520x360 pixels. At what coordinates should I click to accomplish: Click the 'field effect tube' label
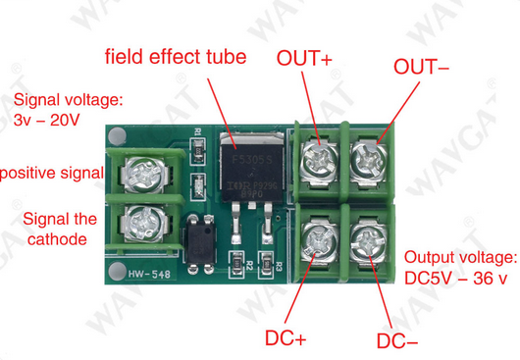(177, 55)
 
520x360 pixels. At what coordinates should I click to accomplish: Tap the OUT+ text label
(305, 58)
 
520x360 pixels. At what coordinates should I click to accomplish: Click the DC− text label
(397, 341)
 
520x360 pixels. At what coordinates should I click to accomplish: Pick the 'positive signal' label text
(51, 173)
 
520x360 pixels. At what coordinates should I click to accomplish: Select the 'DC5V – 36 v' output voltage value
(456, 279)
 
